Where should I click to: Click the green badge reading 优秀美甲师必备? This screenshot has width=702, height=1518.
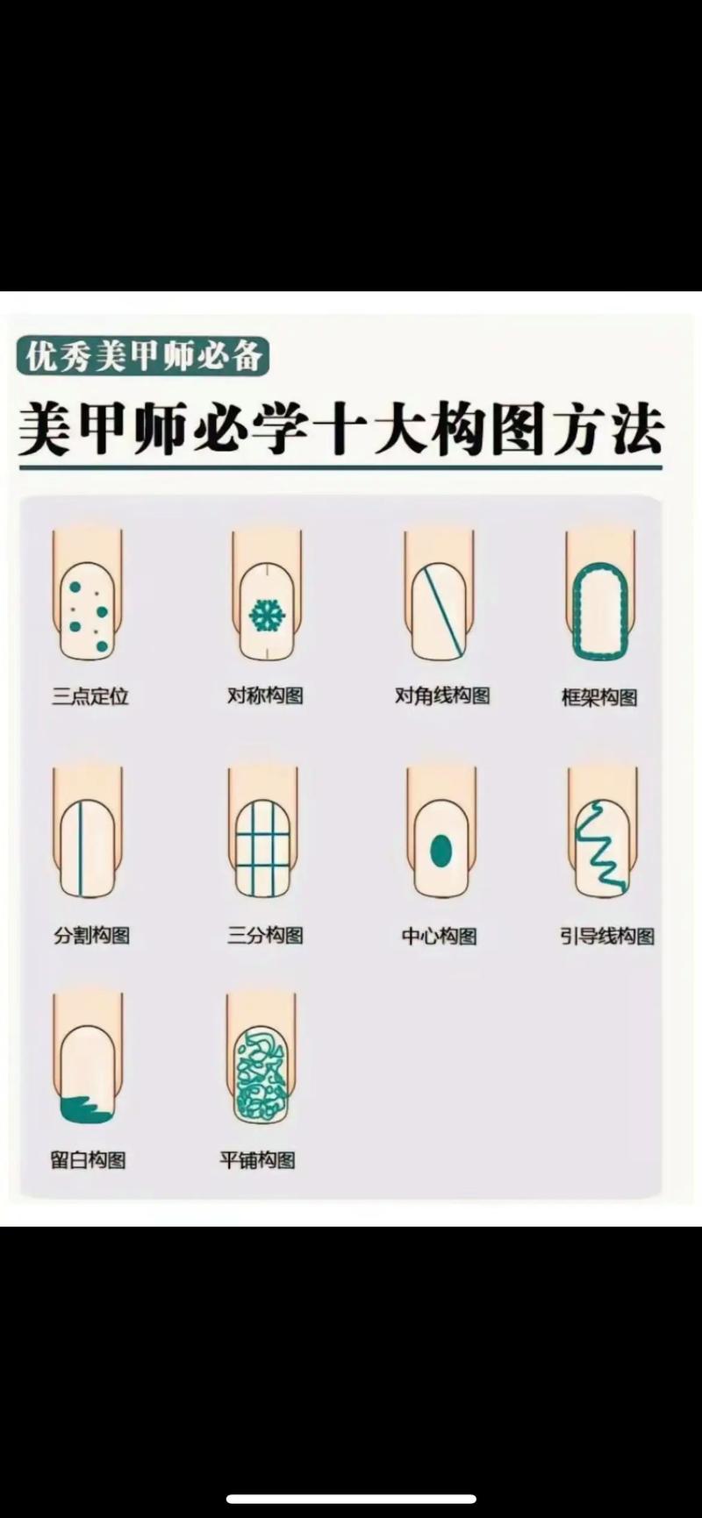click(x=142, y=357)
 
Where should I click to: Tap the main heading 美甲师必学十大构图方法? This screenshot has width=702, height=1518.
click(x=340, y=430)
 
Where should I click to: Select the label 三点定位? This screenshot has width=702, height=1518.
click(x=90, y=696)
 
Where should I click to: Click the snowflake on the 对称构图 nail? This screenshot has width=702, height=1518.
click(x=267, y=616)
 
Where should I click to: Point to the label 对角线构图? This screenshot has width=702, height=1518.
click(x=442, y=696)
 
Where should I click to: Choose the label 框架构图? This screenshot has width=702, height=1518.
click(x=599, y=698)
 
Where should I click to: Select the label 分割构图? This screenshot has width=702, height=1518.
click(x=91, y=936)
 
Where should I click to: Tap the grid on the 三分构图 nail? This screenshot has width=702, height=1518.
click(x=262, y=848)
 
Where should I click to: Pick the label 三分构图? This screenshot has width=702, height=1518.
click(x=265, y=936)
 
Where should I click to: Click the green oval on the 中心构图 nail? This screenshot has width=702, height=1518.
click(x=441, y=850)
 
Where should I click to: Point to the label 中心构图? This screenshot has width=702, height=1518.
click(x=439, y=937)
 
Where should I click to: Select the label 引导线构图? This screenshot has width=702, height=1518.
click(x=607, y=937)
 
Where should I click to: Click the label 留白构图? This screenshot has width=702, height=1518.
click(x=88, y=1160)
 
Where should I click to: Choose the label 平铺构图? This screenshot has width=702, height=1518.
click(x=257, y=1160)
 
